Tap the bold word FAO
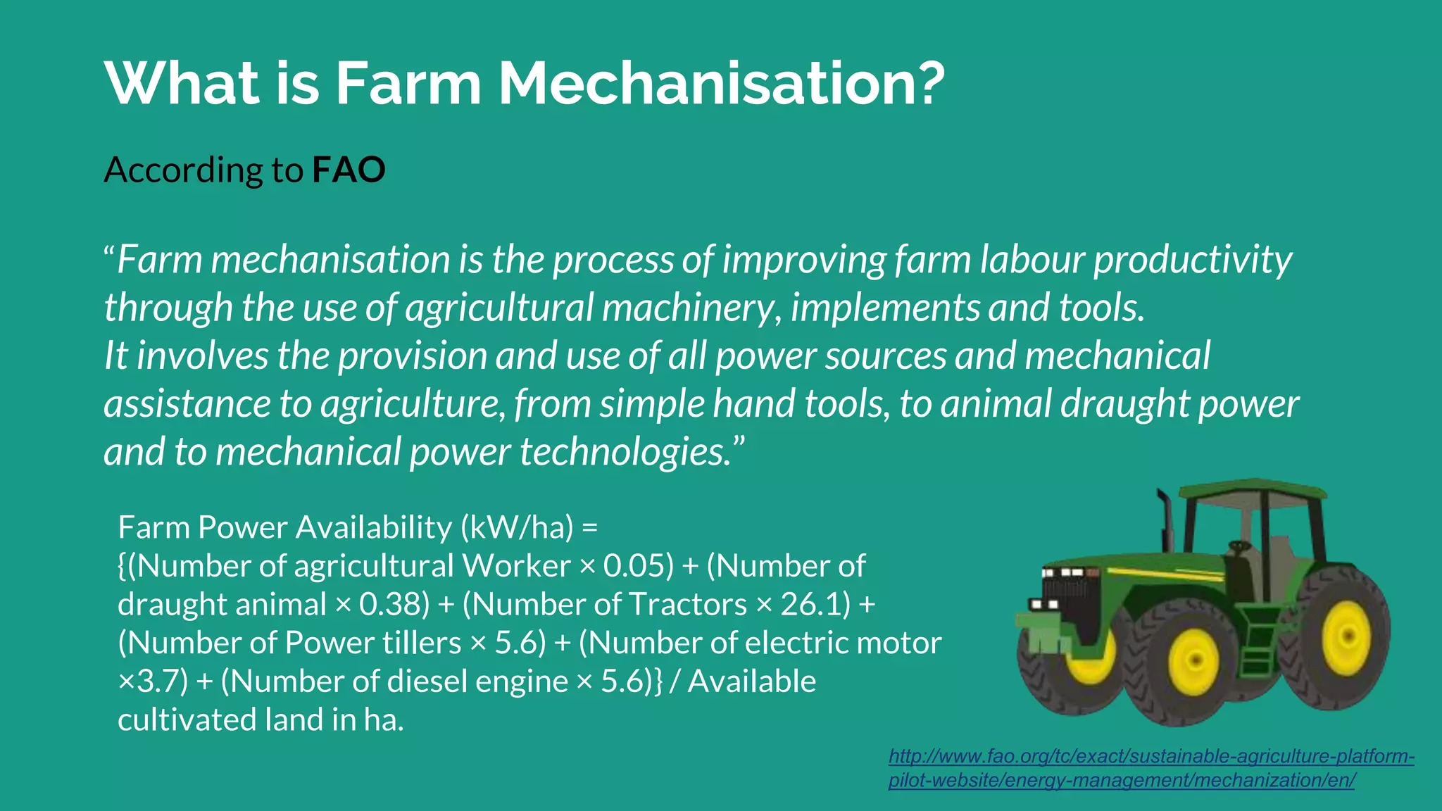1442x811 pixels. [x=349, y=170]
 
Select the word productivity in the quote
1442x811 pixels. [x=1192, y=259]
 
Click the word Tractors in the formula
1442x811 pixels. [x=687, y=604]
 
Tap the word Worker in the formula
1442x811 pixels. [x=516, y=565]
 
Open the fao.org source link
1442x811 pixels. [x=1151, y=768]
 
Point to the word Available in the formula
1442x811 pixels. [x=751, y=681]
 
